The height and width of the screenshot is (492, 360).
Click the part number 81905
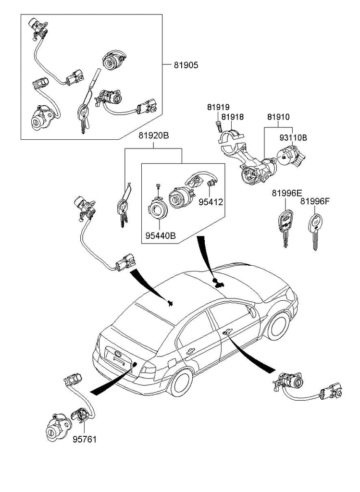coord(186,64)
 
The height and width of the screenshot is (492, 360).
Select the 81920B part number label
coord(154,136)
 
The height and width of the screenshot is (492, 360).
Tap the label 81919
coord(218,107)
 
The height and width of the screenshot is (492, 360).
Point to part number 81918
coord(233,117)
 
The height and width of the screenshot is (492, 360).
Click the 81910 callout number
coord(279,117)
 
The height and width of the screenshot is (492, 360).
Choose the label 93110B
coord(293,137)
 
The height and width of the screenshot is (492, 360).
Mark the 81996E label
coord(287,193)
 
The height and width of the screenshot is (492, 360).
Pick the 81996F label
coord(315,201)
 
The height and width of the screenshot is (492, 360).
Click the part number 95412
coord(211,201)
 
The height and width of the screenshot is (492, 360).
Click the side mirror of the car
coord(253,311)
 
